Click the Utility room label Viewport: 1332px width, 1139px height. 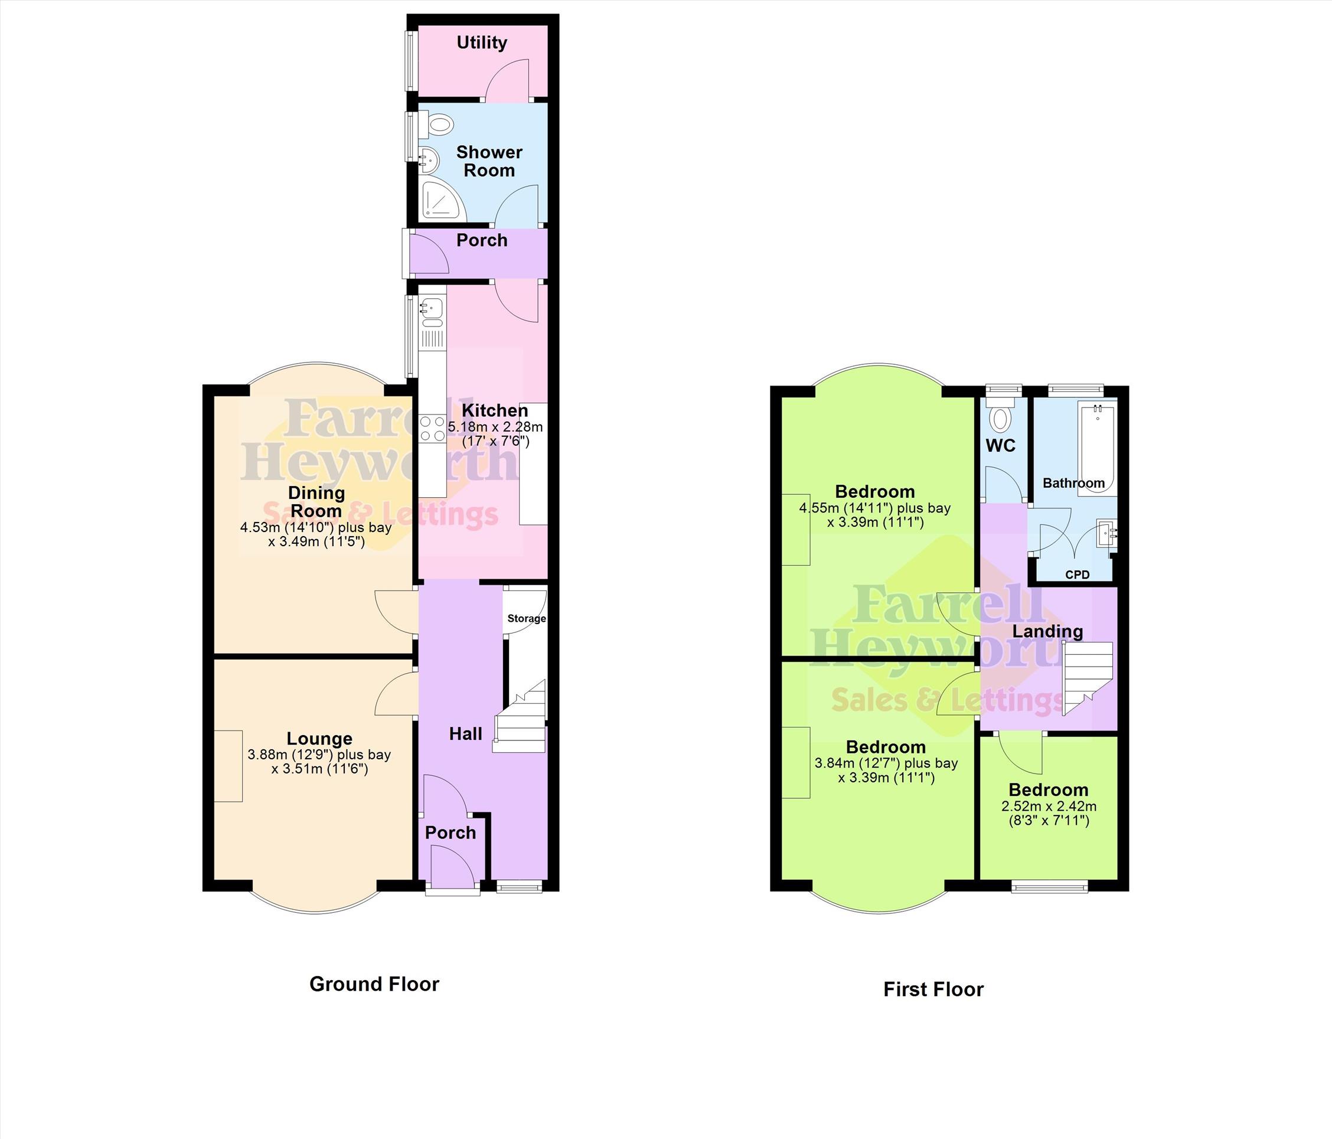(482, 43)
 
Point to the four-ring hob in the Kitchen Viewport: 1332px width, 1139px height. (433, 429)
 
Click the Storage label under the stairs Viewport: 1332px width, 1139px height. (527, 618)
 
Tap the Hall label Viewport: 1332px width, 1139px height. (465, 733)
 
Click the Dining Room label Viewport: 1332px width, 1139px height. (316, 501)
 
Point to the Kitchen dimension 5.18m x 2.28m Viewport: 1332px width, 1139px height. (495, 427)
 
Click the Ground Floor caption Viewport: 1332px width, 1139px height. (374, 984)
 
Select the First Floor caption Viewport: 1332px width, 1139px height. (933, 988)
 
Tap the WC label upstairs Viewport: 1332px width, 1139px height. (1000, 445)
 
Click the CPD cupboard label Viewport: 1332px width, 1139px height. (1078, 575)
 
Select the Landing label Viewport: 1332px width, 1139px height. (1048, 631)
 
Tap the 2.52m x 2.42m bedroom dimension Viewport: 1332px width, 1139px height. (1049, 806)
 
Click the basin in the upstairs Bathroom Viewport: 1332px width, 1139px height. (1107, 533)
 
